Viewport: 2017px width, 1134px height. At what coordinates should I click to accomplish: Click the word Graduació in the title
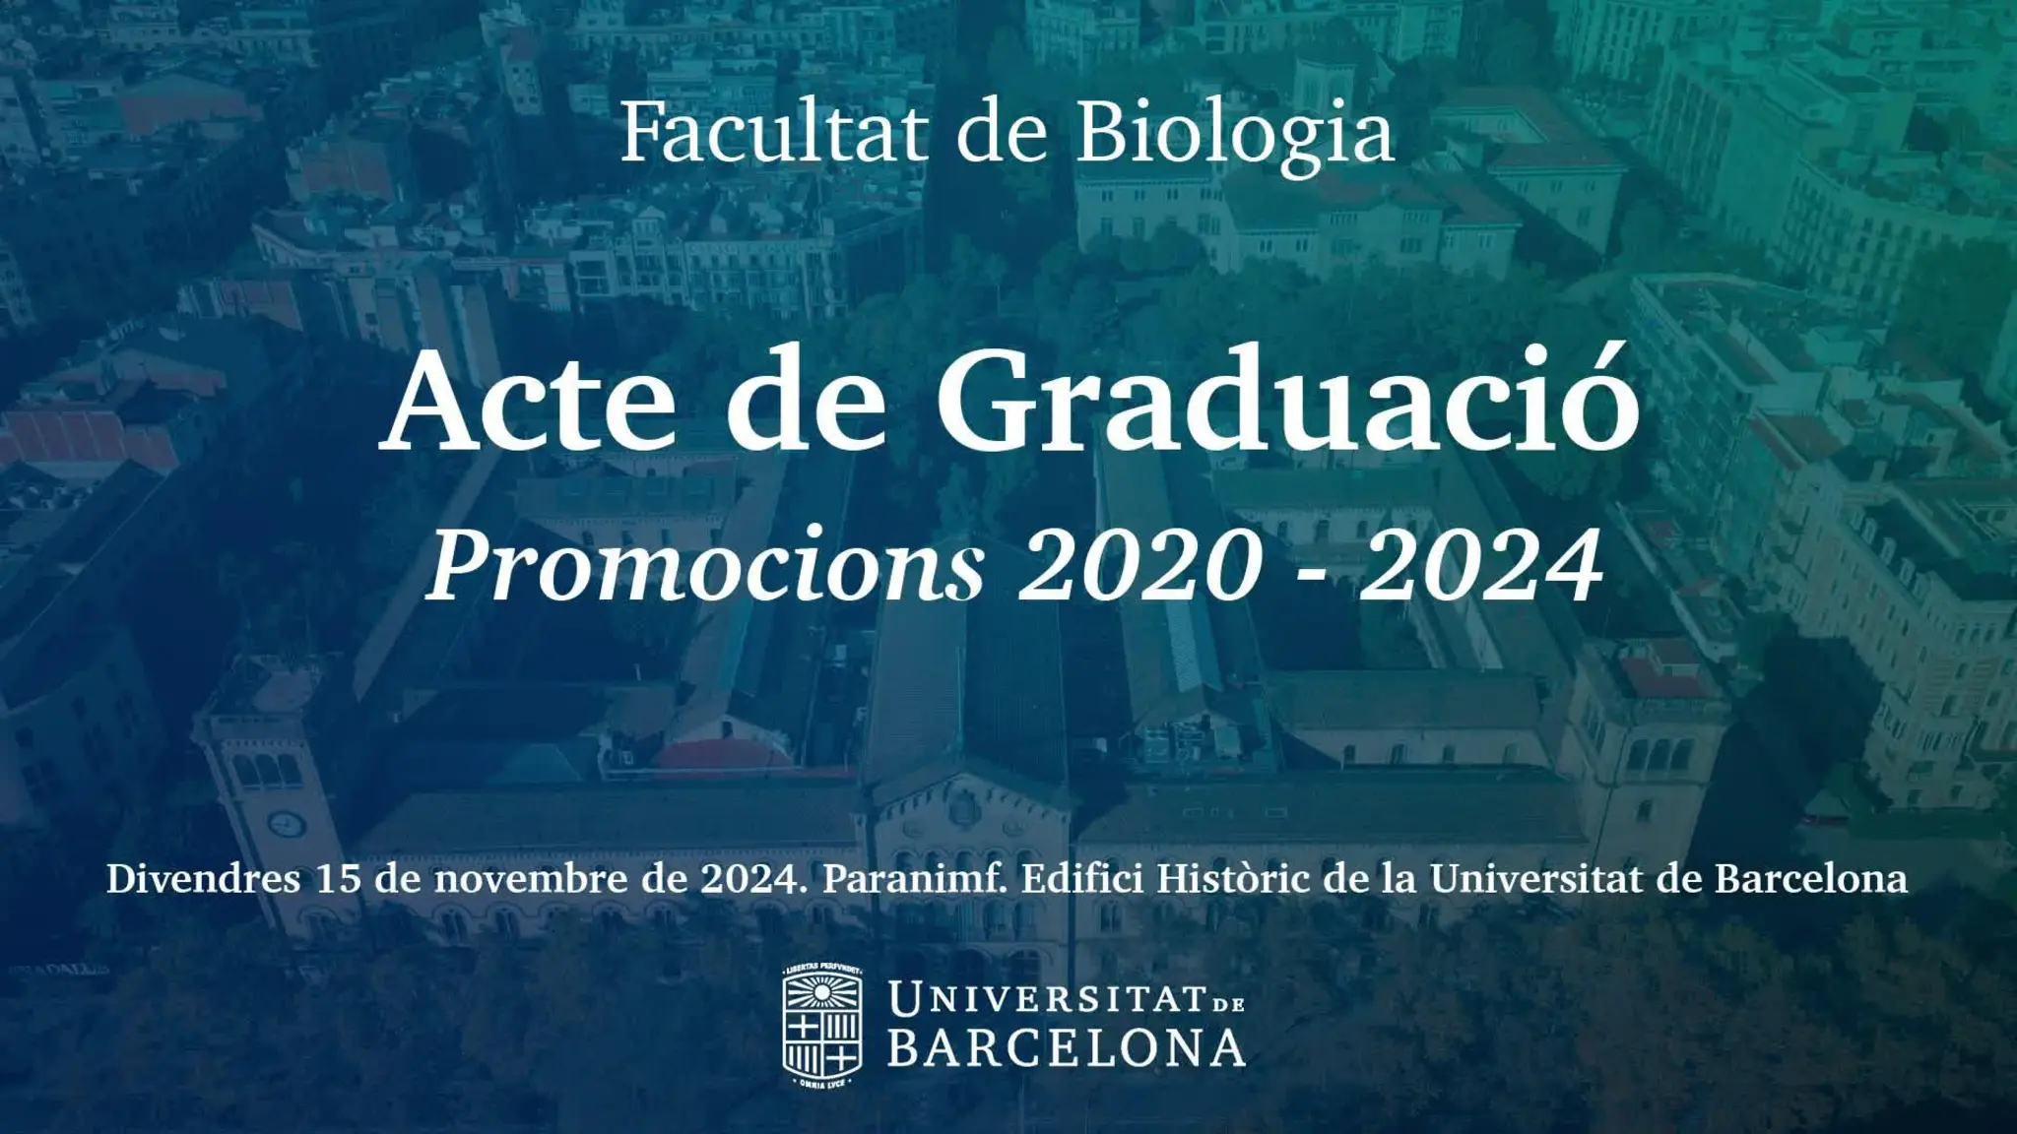[x=1287, y=407]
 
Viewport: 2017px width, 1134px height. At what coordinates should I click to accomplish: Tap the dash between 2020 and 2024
[x=1311, y=574]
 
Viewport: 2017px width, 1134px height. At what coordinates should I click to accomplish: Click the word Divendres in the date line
[x=203, y=879]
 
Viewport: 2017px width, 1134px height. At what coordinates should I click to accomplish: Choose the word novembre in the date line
[x=529, y=879]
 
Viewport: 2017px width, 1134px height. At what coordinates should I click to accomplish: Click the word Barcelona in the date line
[x=1811, y=879]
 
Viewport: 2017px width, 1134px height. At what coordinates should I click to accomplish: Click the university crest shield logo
[x=822, y=1027]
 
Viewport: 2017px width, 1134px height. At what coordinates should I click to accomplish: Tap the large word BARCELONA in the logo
[x=1067, y=1048]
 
